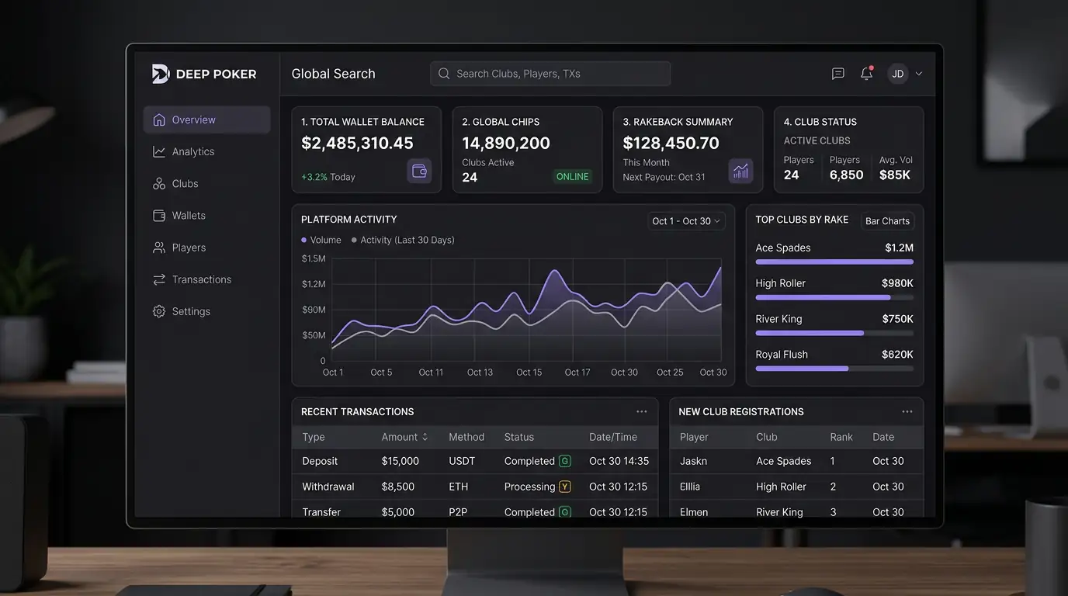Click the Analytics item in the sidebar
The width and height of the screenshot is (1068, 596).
click(x=192, y=152)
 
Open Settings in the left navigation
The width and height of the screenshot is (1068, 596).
click(x=191, y=311)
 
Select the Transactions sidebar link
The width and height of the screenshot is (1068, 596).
click(x=201, y=279)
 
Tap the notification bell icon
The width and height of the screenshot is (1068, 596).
click(x=866, y=74)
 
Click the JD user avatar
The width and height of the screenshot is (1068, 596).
click(x=897, y=74)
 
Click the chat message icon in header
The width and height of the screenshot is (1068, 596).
click(x=837, y=74)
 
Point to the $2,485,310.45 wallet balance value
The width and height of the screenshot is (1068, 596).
click(x=357, y=144)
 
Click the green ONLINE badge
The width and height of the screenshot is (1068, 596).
click(x=572, y=177)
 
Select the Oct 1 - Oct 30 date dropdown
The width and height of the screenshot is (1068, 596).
click(x=686, y=221)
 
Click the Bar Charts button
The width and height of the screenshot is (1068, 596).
click(x=887, y=221)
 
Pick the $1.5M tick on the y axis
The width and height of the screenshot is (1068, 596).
click(x=314, y=258)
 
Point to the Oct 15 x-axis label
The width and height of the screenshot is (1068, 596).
click(x=529, y=372)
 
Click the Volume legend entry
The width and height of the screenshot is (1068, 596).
click(x=321, y=241)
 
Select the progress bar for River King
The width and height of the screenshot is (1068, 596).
click(x=834, y=333)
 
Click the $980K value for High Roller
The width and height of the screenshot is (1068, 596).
click(x=897, y=283)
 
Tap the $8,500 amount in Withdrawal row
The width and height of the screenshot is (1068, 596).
click(x=398, y=487)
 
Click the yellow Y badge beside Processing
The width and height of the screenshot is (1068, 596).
click(x=564, y=487)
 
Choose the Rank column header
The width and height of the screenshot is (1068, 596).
click(x=841, y=437)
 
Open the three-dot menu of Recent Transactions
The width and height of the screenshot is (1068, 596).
click(x=641, y=412)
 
